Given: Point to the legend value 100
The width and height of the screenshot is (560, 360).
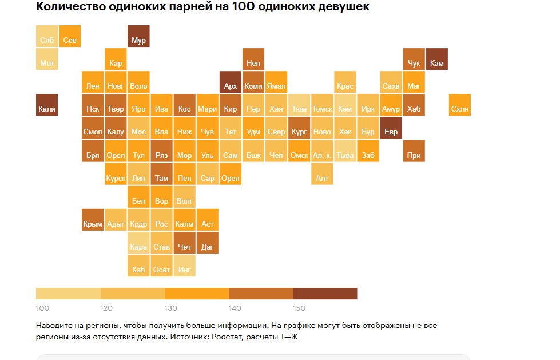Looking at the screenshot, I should pos(42,308).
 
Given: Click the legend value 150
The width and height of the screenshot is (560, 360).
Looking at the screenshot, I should pos(299,308).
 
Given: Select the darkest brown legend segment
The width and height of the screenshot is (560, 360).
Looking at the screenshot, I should pos(325,294).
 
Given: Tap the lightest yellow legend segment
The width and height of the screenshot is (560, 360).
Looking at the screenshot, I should pos(68,294).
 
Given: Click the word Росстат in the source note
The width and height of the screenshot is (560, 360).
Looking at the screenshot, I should pos(228,337).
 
